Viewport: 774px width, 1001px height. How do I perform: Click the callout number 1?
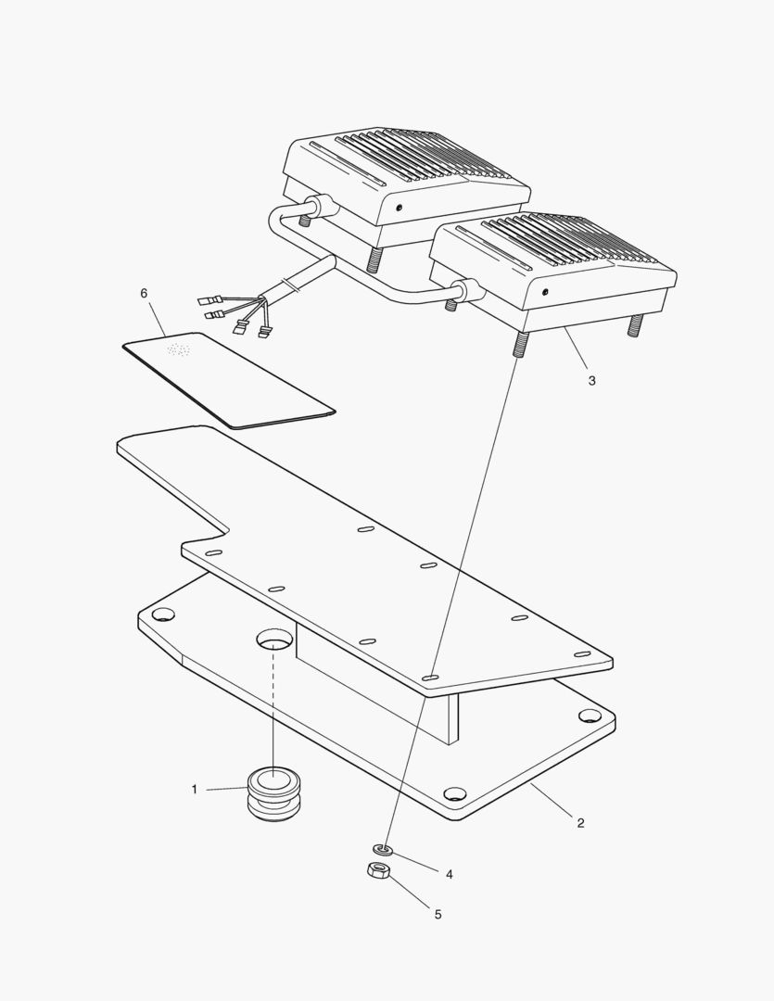coord(194,790)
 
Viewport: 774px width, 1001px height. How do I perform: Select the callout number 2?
coord(580,823)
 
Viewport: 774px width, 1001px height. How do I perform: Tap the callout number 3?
coord(591,380)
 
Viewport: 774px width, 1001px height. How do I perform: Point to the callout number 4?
coord(449,874)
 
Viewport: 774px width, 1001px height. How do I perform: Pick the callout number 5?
coord(438,915)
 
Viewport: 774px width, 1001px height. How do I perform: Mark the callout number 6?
coord(144,293)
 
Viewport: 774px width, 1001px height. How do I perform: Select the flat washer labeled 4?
coord(382,849)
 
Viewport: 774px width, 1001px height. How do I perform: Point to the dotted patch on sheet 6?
coord(178,350)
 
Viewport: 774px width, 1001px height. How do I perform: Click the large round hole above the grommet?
coord(274,640)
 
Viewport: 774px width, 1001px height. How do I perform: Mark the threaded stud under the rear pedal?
coord(375,259)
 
